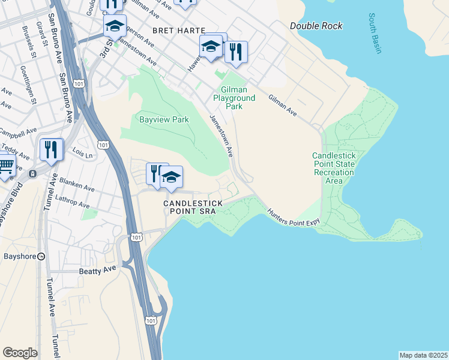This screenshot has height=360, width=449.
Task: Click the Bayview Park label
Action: coord(164,119)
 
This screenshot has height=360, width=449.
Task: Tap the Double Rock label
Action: coord(316,26)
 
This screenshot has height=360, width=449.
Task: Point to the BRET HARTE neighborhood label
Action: coord(178,30)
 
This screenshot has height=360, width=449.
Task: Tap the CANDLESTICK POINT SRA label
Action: coord(193,207)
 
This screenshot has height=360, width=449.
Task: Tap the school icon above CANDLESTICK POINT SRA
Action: coord(171,176)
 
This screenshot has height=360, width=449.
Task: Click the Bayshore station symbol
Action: coord(41,256)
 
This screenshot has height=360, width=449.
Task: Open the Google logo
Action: coord(20,353)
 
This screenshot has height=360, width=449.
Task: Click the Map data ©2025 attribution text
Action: coord(423,355)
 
